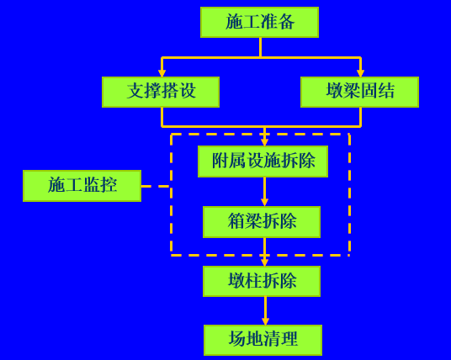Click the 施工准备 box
coord(259,23)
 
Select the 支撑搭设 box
coord(161,92)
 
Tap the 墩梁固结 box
coord(359,92)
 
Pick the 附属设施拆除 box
coord(263,161)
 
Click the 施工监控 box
coord(82,186)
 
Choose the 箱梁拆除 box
coord(262,222)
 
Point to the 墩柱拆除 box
coord(262,281)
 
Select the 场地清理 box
coord(263,340)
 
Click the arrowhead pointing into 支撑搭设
coord(162,73)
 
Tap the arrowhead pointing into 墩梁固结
coord(360,73)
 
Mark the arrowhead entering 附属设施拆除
coord(264,142)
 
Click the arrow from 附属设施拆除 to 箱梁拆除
coord(264,192)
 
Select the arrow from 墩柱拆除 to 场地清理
coord(265,311)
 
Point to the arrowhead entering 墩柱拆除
coord(264,262)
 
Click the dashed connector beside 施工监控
coord(156,187)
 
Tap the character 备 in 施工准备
coord(286,22)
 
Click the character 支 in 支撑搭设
coord(135,91)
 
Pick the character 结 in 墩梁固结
coord(386,91)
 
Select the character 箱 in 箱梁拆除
coord(236,221)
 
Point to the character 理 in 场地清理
coord(289,339)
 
